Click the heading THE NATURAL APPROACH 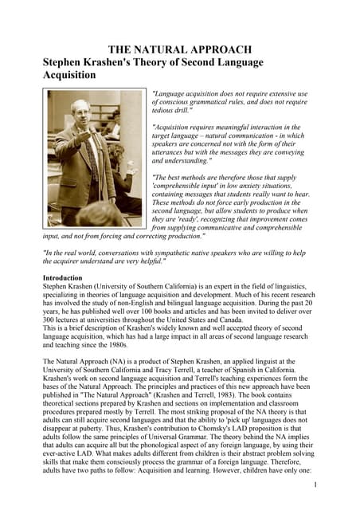point(180,49)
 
